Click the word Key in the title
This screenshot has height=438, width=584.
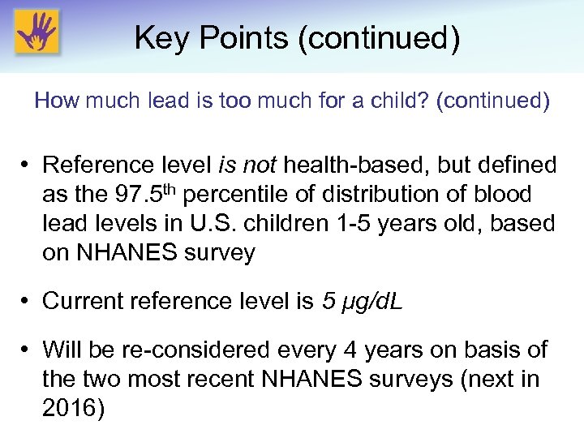pos(157,38)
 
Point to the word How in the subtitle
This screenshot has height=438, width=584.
pos(54,101)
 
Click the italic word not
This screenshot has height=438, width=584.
pos(259,165)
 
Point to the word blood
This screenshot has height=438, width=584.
pos(501,195)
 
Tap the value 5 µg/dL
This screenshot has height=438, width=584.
pos(364,301)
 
